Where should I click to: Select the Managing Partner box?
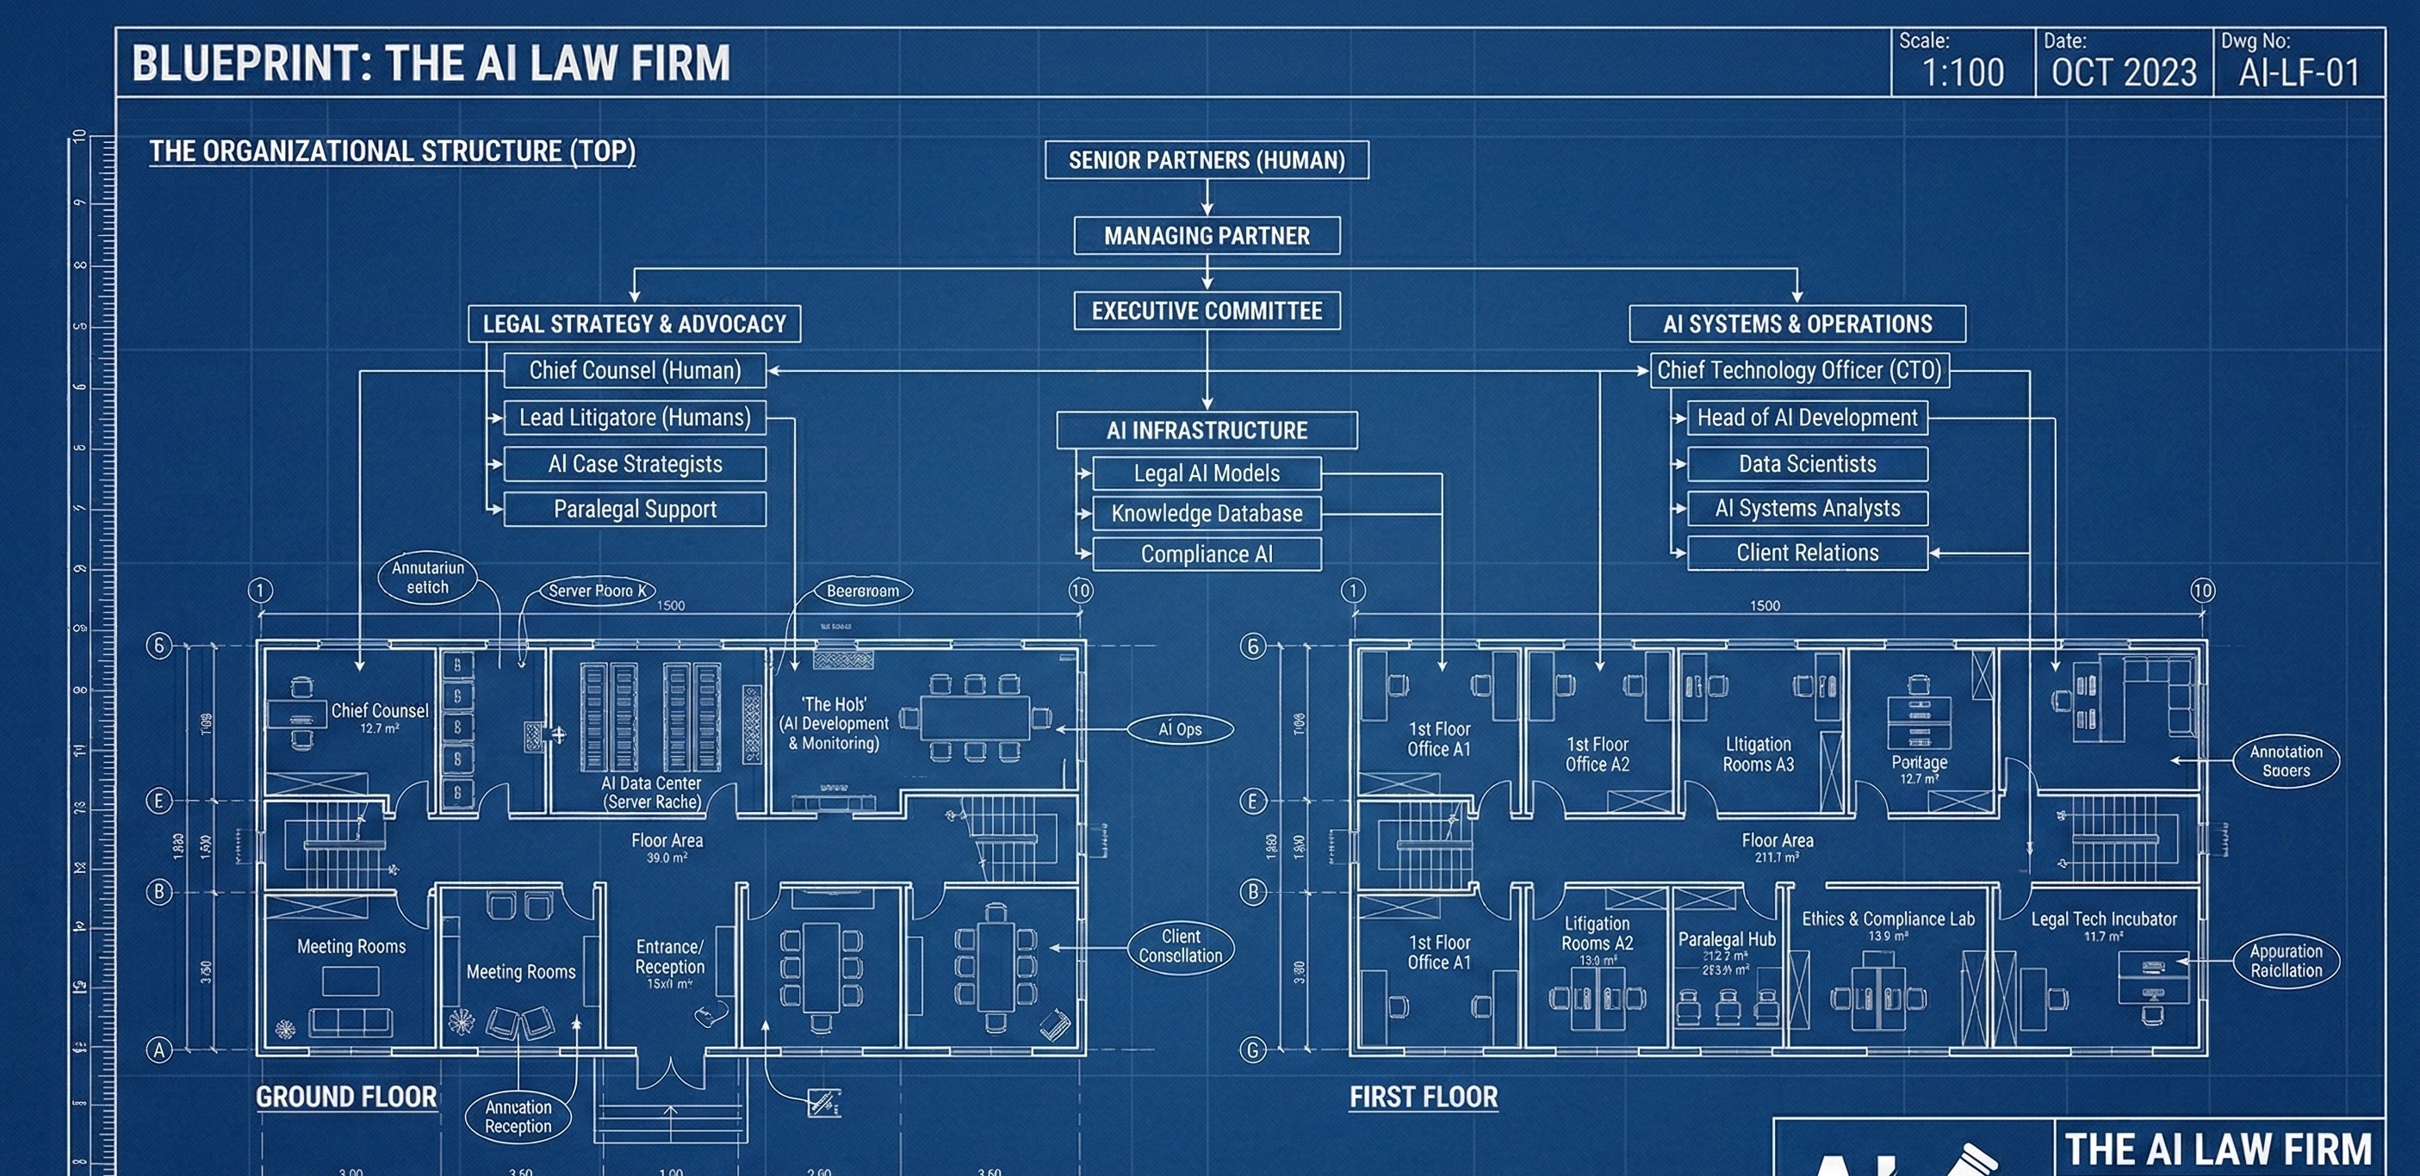click(1207, 236)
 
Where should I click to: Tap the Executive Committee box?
click(1207, 311)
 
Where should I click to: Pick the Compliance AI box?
click(1207, 554)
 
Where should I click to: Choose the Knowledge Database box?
click(1207, 514)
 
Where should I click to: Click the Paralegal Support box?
click(634, 509)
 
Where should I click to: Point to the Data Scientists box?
click(1807, 464)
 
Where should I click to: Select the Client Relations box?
click(1807, 554)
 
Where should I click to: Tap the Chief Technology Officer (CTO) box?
click(1798, 370)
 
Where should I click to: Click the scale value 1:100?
click(1963, 72)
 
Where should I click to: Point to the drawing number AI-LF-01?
click(2299, 72)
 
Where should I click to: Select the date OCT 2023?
click(2123, 72)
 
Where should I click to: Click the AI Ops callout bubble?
click(1180, 729)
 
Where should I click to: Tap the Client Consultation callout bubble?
click(1180, 947)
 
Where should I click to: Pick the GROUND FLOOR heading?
click(345, 1097)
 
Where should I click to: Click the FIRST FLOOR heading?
click(1424, 1097)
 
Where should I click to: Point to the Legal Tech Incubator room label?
click(2103, 919)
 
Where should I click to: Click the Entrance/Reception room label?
click(669, 957)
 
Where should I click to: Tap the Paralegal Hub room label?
click(1727, 939)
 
